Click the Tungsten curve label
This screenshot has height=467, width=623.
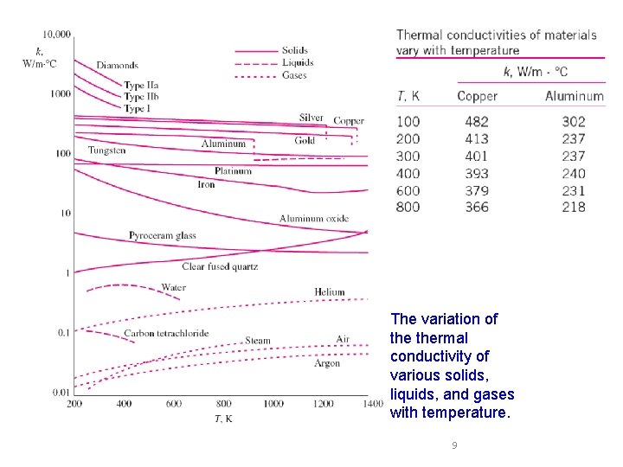tap(106, 150)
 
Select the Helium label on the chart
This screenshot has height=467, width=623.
tap(330, 292)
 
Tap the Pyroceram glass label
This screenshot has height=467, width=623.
tap(163, 235)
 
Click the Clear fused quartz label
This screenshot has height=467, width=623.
tap(220, 267)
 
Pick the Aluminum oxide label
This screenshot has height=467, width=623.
tap(313, 219)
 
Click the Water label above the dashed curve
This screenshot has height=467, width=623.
tap(173, 287)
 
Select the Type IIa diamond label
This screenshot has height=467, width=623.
tap(141, 86)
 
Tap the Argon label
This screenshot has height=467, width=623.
tap(327, 364)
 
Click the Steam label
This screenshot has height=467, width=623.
tap(258, 341)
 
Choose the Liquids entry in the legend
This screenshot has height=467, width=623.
tap(298, 62)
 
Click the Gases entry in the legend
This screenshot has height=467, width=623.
tap(294, 75)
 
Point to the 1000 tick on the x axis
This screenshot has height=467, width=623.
tap(273, 404)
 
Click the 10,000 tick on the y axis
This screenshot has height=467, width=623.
tap(57, 35)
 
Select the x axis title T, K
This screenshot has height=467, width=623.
tap(222, 419)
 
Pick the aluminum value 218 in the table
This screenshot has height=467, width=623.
tap(573, 207)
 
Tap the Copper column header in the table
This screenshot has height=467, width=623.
tap(477, 96)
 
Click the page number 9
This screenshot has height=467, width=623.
tap(454, 446)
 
